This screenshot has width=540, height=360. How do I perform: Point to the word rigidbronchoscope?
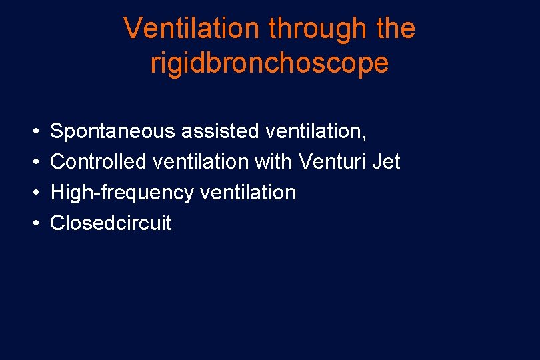click(269, 63)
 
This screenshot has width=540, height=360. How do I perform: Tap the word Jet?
click(386, 161)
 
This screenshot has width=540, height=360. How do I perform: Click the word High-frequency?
click(121, 193)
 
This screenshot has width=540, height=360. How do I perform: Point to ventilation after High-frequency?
click(247, 192)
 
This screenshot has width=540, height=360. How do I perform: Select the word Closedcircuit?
click(111, 223)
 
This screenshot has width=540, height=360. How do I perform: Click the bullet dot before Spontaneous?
click(34, 131)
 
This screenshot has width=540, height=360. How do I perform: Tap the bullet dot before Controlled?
click(34, 162)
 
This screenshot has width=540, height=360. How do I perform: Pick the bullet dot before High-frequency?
click(34, 193)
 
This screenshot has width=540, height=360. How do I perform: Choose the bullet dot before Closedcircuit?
click(34, 223)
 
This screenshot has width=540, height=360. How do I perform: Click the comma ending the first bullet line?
click(364, 137)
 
